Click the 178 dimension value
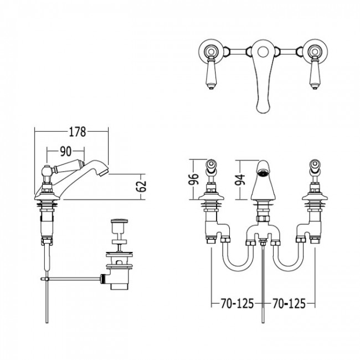click(78, 132)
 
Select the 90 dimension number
click(66, 151)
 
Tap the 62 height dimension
click(141, 186)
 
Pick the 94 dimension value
click(240, 180)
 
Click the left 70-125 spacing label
click(237, 304)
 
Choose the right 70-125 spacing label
click(289, 304)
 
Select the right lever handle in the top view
click(315, 73)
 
